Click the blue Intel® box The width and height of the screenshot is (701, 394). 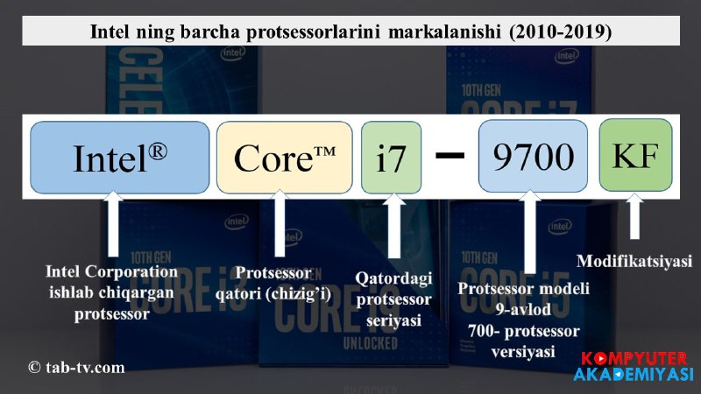click(x=120, y=158)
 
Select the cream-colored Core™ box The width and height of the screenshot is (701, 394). click(x=284, y=158)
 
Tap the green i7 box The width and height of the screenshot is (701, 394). click(x=391, y=158)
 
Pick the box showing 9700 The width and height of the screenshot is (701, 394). click(x=533, y=156)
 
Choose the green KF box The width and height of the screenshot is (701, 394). click(x=636, y=155)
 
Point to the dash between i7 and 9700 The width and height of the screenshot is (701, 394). click(x=450, y=156)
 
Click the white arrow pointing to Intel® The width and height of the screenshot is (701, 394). click(x=113, y=224)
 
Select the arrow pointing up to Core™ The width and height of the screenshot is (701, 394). click(x=280, y=223)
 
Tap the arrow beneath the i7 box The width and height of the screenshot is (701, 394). click(x=393, y=226)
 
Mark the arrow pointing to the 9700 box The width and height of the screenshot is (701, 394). click(x=530, y=231)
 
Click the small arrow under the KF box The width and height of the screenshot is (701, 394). click(x=634, y=216)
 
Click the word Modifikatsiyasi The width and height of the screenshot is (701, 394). click(x=634, y=261)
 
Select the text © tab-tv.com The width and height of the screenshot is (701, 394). click(x=76, y=367)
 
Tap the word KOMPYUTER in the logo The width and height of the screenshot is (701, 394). click(x=634, y=359)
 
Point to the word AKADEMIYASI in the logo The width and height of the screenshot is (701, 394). click(x=634, y=375)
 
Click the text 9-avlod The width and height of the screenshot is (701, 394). click(x=523, y=309)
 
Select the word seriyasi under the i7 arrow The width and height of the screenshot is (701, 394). click(x=393, y=320)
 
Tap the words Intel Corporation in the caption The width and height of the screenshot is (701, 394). click(x=111, y=271)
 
